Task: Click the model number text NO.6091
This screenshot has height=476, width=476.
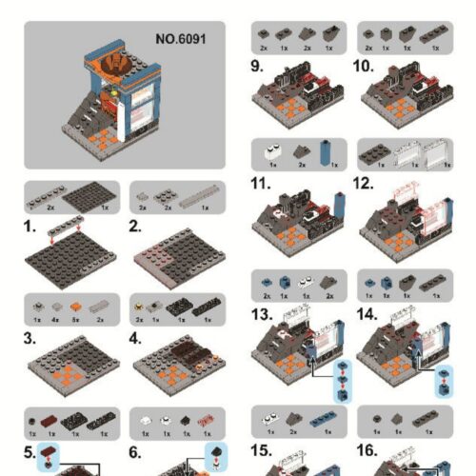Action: pyautogui.click(x=180, y=40)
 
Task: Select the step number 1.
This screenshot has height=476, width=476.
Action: pyautogui.click(x=30, y=228)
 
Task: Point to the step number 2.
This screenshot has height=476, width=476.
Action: pyautogui.click(x=136, y=228)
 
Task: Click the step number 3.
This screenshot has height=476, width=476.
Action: pyautogui.click(x=30, y=336)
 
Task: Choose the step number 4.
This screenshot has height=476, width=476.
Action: pyautogui.click(x=136, y=336)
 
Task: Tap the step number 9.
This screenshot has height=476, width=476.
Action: pyautogui.click(x=257, y=66)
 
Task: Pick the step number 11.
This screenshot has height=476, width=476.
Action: pyautogui.click(x=261, y=182)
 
